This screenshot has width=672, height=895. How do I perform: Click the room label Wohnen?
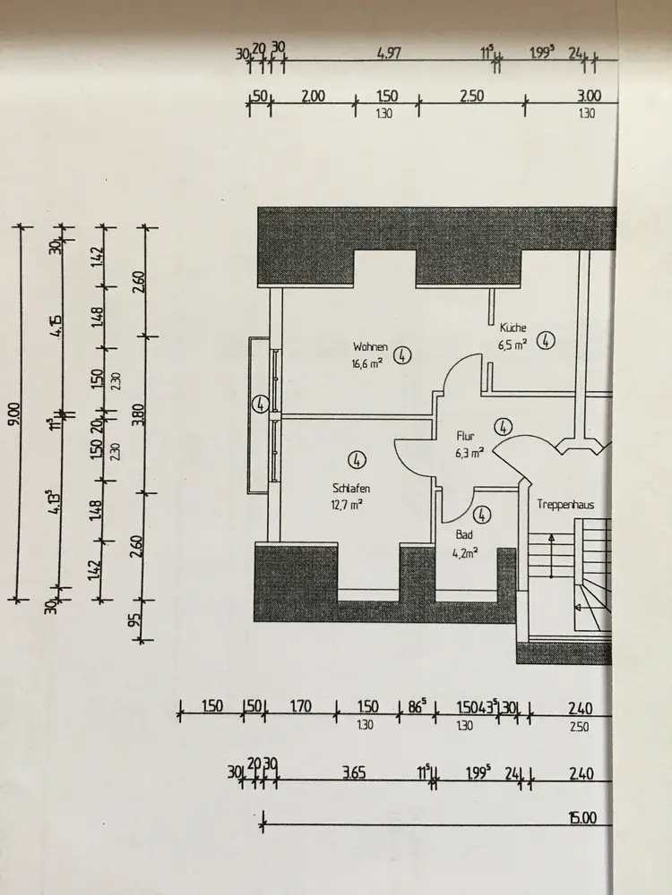[370, 346]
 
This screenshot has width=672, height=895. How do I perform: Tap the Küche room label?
[513, 328]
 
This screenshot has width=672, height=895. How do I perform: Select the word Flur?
[464, 436]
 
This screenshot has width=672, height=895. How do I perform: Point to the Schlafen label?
[349, 489]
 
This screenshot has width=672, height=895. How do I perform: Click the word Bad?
[464, 534]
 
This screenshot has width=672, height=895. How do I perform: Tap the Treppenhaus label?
[565, 505]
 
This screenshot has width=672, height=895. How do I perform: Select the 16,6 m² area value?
[369, 363]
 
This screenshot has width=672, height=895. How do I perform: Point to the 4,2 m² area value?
[466, 551]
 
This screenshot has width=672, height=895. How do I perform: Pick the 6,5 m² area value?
[513, 344]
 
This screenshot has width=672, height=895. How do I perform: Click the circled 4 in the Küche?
[547, 340]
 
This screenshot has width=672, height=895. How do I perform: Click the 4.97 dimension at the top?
[389, 54]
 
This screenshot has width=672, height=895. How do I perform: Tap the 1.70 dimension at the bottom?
[300, 707]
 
